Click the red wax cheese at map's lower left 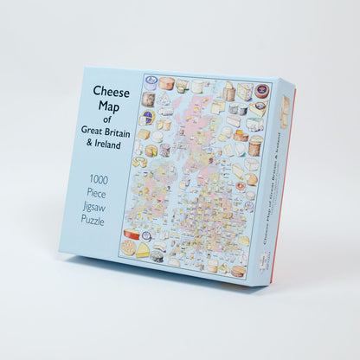coord(134,235)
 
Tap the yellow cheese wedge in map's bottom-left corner coord(129,249)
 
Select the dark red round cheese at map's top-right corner coord(261,91)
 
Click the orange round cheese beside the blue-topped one coord(165,84)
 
